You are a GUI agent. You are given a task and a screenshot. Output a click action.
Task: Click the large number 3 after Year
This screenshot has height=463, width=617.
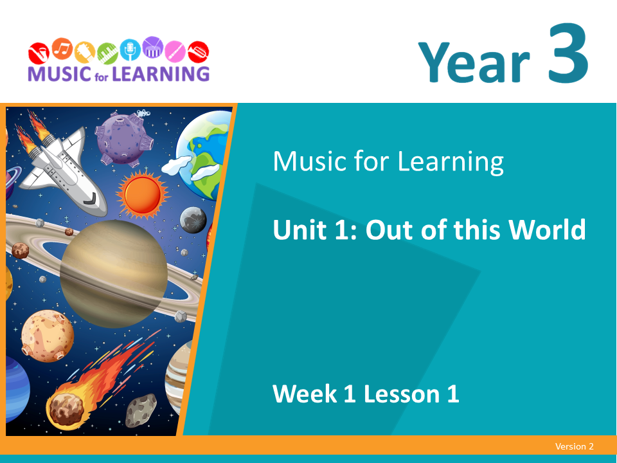click(x=568, y=53)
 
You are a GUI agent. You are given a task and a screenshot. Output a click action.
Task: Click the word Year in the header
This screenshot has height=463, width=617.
click(x=474, y=62)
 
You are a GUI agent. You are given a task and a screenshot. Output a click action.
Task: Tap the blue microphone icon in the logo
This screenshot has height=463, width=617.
click(x=130, y=50)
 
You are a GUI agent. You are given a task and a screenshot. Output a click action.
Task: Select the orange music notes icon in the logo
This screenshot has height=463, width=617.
click(x=62, y=49)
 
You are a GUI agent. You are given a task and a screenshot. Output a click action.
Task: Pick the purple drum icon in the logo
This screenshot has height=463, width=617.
click(x=153, y=47)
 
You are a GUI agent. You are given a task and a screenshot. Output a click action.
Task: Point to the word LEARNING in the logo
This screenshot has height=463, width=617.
click(x=161, y=73)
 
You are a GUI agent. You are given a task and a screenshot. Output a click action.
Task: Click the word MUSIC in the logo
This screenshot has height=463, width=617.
click(x=59, y=73)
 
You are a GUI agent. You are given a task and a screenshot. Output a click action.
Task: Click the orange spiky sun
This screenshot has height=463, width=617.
click(x=143, y=194)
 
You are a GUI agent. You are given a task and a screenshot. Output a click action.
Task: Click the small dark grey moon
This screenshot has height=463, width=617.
click(x=193, y=220)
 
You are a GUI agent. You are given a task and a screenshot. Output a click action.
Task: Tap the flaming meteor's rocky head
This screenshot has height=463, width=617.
click(x=66, y=410)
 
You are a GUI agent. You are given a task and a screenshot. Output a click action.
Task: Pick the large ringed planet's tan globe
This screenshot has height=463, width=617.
click(x=114, y=274)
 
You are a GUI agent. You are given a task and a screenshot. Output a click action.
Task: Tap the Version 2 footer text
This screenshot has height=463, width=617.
click(x=574, y=446)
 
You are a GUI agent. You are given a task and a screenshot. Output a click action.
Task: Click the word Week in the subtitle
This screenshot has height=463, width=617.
click(x=305, y=394)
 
